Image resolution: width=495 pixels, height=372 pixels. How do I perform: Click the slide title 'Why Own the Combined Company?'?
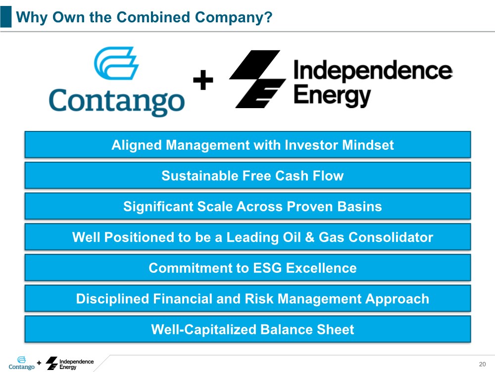[144, 17]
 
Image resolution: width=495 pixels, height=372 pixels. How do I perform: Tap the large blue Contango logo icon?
[116, 63]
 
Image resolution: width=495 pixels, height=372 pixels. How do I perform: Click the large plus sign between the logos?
[203, 80]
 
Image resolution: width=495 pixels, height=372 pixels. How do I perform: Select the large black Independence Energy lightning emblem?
[257, 79]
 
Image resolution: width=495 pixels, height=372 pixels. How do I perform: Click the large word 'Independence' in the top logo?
[373, 70]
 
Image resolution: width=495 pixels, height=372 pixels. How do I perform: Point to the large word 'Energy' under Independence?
[332, 96]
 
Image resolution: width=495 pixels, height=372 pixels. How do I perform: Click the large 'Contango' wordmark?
[117, 101]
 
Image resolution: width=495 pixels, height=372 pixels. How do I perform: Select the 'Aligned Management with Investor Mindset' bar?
[248, 144]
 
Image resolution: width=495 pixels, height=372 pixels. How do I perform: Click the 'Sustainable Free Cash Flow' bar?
[248, 175]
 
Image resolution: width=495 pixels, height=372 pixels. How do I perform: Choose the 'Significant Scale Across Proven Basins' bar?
[248, 206]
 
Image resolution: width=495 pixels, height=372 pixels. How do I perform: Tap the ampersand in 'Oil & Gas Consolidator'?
[310, 237]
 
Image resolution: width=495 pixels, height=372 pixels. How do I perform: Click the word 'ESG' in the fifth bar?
[267, 268]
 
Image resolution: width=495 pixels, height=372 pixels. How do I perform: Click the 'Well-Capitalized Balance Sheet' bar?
[248, 329]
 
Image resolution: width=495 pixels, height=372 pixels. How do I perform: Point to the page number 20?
[482, 364]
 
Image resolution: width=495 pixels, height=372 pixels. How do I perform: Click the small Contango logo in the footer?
[21, 364]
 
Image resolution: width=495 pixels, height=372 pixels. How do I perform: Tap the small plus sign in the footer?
[39, 363]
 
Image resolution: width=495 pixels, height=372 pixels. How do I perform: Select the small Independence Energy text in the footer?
[76, 364]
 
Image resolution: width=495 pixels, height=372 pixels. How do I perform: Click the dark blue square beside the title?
[5, 16]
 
